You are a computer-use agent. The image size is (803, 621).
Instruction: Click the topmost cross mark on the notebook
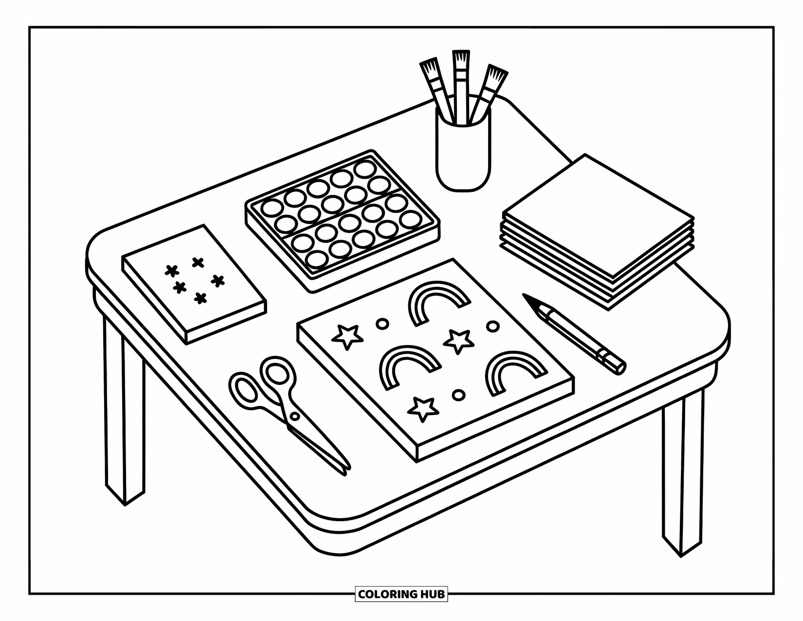pyautogui.click(x=198, y=263)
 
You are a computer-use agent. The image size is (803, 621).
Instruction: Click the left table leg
pyautogui.click(x=124, y=414)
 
